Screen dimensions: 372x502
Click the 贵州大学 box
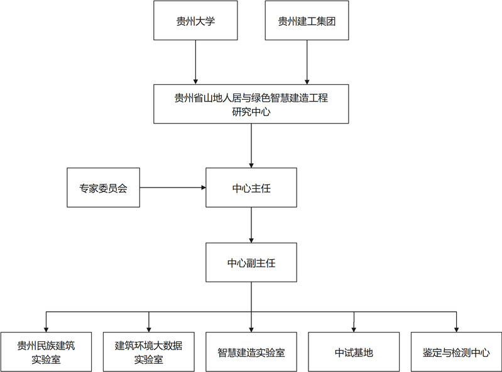click(197, 21)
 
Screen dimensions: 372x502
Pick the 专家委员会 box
click(103, 188)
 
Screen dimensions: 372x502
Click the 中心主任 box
click(251, 188)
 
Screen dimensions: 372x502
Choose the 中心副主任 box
click(251, 263)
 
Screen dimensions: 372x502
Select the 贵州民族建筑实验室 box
click(46, 352)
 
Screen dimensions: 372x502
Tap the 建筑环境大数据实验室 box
click(148, 352)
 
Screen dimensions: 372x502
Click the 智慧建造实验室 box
click(251, 352)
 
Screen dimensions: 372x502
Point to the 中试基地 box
click(354, 352)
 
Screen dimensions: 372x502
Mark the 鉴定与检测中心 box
click(456, 352)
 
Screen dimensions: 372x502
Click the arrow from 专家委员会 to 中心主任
click(172, 188)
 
